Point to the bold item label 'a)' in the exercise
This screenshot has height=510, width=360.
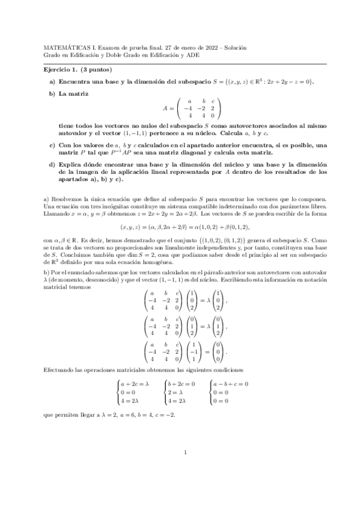pyautogui.click(x=52, y=82)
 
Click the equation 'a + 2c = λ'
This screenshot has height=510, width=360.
pyautogui.click(x=134, y=384)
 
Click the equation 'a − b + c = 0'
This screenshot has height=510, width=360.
pyautogui.click(x=231, y=384)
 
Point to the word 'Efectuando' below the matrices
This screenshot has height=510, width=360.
pyautogui.click(x=61, y=367)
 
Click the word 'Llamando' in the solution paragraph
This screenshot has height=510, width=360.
pyautogui.click(x=59, y=214)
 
